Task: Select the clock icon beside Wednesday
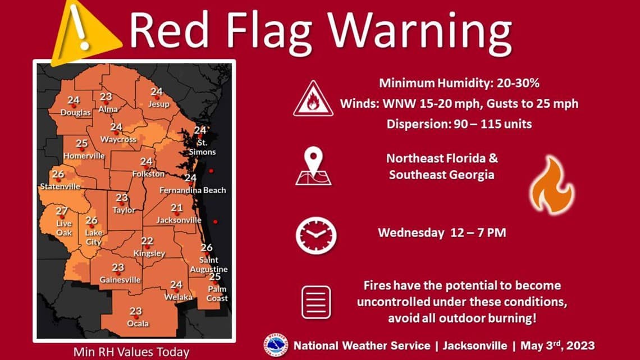[316, 235]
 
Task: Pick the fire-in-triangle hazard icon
[313, 98]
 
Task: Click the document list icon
[316, 302]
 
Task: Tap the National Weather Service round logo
[276, 345]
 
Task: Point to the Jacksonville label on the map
[179, 220]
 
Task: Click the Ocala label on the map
[138, 323]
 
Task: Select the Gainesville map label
[120, 280]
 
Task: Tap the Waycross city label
[118, 139]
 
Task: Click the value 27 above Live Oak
[62, 211]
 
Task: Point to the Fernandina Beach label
[193, 190]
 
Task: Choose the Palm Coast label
[217, 294]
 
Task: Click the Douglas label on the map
[76, 113]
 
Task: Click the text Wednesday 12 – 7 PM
[441, 233]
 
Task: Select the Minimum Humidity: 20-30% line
[459, 84]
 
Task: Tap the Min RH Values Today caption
[131, 353]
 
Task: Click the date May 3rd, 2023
[557, 345]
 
